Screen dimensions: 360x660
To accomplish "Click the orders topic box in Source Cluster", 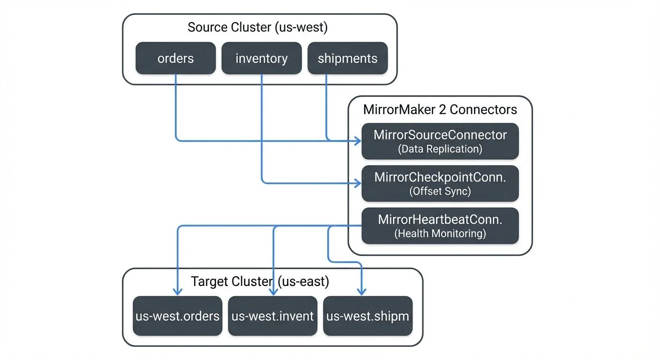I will (x=176, y=59).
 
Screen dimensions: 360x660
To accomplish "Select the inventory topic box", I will (x=262, y=59).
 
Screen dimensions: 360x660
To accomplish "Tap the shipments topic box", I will (x=347, y=59).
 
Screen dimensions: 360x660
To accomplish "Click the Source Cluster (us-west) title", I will (x=257, y=27).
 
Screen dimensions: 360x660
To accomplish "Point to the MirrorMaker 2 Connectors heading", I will (x=440, y=110).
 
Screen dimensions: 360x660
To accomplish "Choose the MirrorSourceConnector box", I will (x=440, y=141).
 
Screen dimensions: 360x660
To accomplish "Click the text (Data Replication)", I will (x=440, y=149).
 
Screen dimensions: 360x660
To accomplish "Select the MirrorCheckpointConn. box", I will (x=440, y=183).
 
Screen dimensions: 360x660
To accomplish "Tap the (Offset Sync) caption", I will (x=440, y=191).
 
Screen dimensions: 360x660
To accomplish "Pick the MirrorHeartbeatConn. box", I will (x=440, y=225).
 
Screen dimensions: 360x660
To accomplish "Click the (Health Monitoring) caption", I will (x=440, y=233).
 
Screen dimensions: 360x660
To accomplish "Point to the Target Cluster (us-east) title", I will (x=260, y=282).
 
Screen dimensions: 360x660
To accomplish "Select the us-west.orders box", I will (x=178, y=316).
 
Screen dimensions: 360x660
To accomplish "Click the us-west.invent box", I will (x=273, y=316).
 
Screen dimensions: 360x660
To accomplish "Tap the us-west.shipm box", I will (x=368, y=316).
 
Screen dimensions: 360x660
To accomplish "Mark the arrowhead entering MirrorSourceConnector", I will (x=358, y=140).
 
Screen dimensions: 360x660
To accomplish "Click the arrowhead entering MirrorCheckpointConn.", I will (x=358, y=182).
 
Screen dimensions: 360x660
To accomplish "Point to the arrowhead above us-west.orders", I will (x=177, y=292).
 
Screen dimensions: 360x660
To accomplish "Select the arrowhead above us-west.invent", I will (x=273, y=292).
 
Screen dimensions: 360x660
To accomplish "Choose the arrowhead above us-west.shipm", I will (x=362, y=292).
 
